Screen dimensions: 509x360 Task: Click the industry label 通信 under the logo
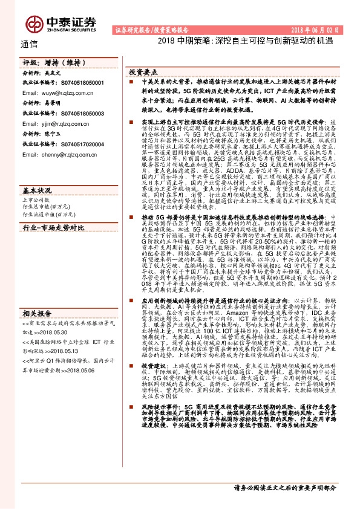[x=28, y=44]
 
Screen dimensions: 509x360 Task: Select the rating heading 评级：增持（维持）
[x=45, y=62]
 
